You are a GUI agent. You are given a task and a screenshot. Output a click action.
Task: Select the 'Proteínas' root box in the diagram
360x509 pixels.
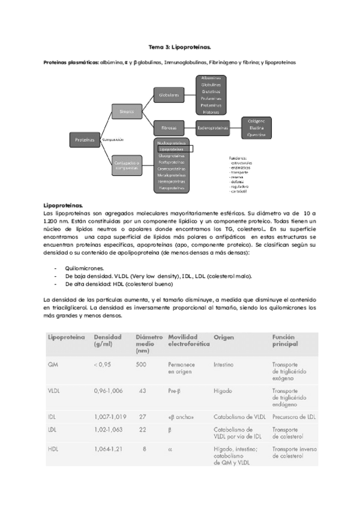85,139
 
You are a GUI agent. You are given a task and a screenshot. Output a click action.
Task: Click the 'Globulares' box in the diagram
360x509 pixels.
169,95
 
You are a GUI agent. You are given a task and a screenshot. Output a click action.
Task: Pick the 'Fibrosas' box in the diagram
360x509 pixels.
169,127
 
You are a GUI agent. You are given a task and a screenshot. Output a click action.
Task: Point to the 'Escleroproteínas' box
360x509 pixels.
215,127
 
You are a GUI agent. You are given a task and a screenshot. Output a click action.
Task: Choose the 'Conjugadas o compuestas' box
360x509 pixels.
127,165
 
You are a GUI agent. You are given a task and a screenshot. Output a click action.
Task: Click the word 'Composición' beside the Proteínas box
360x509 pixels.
113,139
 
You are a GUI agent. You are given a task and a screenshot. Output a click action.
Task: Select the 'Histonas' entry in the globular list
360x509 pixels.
211,112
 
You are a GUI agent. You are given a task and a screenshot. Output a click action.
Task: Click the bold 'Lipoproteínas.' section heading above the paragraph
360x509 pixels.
64,205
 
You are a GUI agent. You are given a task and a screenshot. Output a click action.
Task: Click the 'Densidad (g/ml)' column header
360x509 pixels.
109,341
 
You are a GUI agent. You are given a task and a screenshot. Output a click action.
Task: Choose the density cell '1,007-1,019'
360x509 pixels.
111,416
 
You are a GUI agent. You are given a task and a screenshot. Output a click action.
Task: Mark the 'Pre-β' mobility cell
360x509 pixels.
176,390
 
